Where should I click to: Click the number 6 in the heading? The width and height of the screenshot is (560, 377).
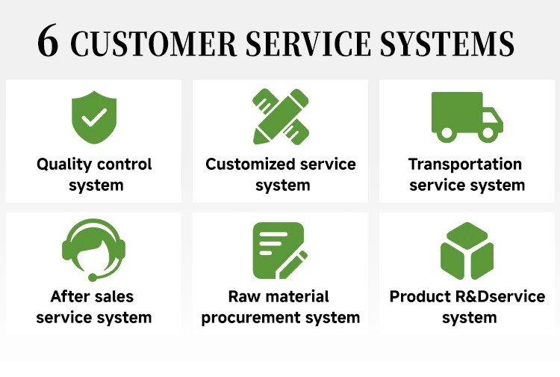48,43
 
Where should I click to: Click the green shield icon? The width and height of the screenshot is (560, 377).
94,117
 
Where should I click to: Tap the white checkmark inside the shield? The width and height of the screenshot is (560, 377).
94,117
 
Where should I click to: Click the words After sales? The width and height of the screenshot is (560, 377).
93,296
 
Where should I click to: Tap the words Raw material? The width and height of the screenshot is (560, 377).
280,296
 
